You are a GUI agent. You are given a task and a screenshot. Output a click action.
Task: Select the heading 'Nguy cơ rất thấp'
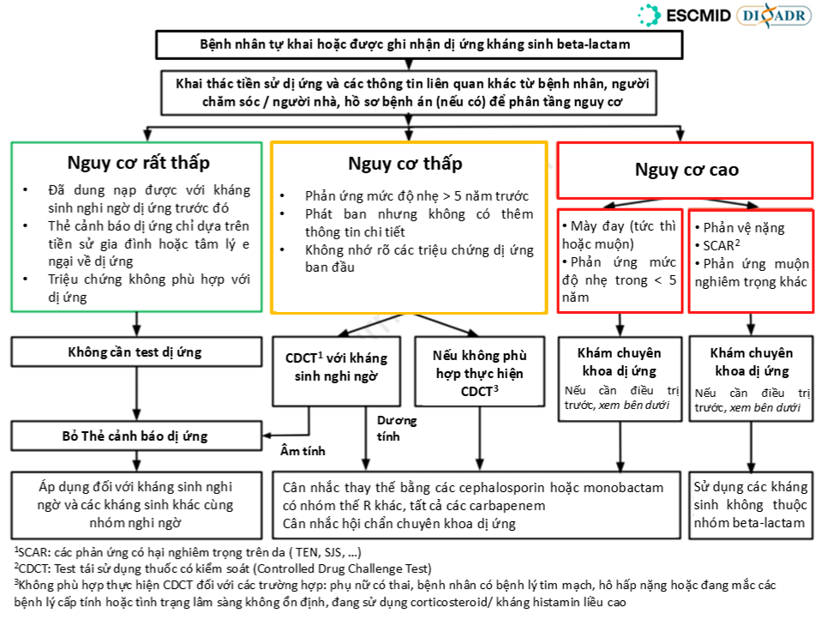point(138,162)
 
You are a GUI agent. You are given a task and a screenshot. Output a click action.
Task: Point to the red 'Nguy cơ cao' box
point(686,169)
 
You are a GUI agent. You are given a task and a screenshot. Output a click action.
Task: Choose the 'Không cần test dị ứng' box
point(136,352)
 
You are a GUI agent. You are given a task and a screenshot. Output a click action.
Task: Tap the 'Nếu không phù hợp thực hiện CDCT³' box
point(479,372)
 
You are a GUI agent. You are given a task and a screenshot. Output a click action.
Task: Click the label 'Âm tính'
point(303,451)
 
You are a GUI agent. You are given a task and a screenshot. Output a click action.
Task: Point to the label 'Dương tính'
point(396,429)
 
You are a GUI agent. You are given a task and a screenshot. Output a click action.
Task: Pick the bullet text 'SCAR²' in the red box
point(721,244)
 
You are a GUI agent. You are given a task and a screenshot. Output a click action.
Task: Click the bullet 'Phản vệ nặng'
point(743,228)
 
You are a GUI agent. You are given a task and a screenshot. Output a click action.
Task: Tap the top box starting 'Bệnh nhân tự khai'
point(409,43)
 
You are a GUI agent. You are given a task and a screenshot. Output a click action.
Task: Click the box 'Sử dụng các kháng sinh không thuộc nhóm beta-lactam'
point(750,504)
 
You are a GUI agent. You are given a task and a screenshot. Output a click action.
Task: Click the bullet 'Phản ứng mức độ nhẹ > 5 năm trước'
point(416,195)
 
